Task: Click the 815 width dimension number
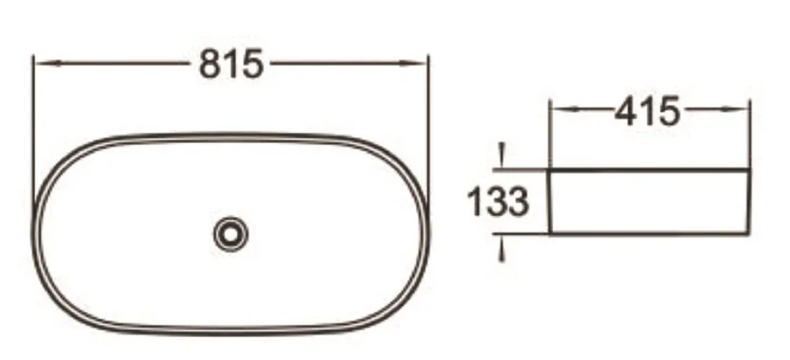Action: click(x=232, y=63)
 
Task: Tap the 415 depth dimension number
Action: click(x=647, y=111)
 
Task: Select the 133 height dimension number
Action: click(x=497, y=203)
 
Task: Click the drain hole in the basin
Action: click(x=231, y=233)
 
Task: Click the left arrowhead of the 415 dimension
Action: click(x=559, y=111)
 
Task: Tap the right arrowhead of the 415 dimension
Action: click(x=741, y=111)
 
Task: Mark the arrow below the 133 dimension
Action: click(x=502, y=251)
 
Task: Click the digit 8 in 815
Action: click(x=211, y=63)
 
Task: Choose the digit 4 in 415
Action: click(x=625, y=111)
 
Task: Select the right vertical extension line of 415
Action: click(x=750, y=132)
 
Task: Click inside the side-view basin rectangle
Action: click(x=650, y=202)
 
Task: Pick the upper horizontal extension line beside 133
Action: click(x=522, y=169)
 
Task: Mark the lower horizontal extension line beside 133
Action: click(x=522, y=234)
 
